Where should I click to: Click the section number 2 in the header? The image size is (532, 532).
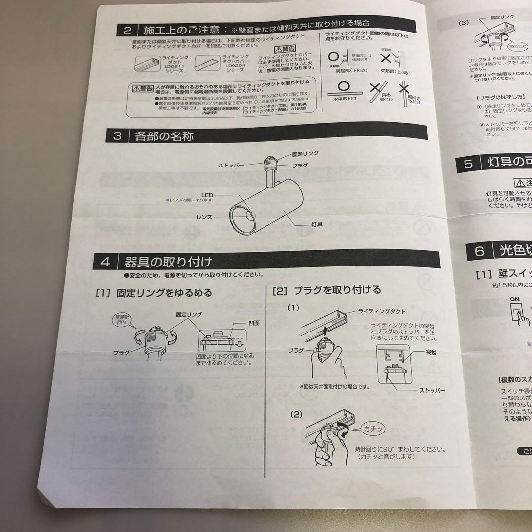[x=127, y=31]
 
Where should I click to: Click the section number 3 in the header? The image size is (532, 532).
[x=117, y=136]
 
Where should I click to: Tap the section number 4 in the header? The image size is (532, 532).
[x=105, y=261]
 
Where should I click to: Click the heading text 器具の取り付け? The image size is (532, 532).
[x=168, y=261]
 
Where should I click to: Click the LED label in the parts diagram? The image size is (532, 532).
[x=206, y=196]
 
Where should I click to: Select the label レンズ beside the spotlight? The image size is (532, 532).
[x=204, y=216]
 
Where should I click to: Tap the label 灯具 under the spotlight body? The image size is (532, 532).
[x=317, y=224]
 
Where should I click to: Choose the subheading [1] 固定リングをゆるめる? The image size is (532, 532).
[x=154, y=293]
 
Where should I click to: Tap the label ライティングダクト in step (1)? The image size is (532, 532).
[x=381, y=311]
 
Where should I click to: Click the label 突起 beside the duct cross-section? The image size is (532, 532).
[x=431, y=353]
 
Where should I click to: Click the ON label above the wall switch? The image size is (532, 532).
[x=515, y=299]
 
